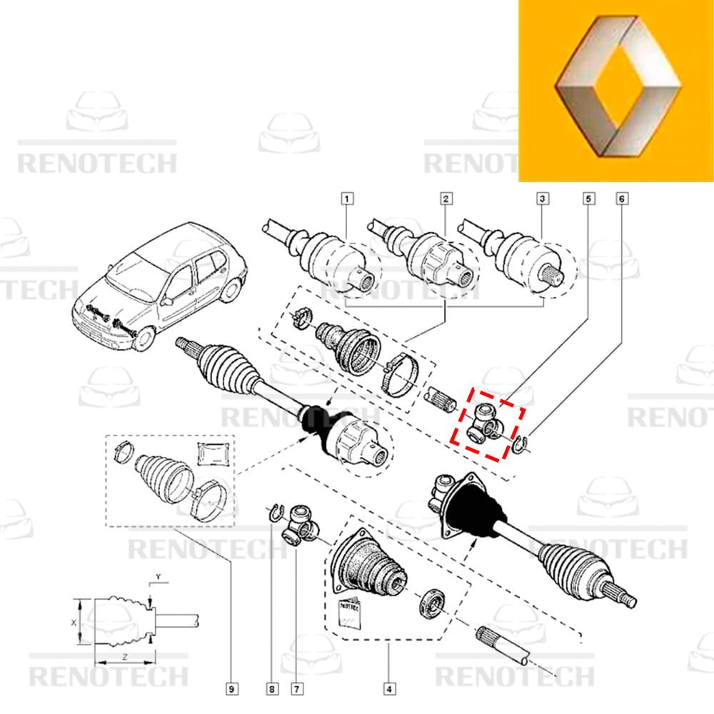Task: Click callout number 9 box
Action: tap(231, 689)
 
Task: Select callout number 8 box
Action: tap(271, 689)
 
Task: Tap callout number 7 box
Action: tap(295, 689)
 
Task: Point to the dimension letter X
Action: tap(74, 623)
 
